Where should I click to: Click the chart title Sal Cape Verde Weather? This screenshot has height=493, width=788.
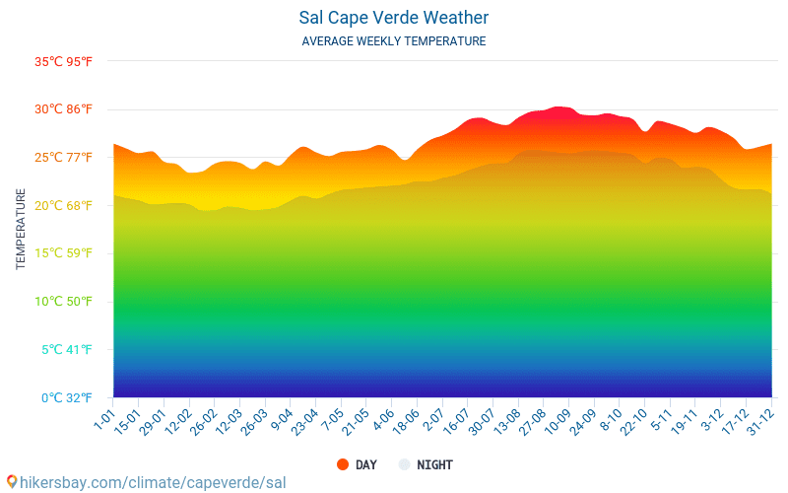tap(394, 18)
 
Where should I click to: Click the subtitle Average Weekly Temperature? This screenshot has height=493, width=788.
tap(394, 41)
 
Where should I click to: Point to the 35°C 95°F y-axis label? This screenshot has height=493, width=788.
tap(63, 61)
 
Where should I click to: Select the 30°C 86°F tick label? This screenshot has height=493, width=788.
tap(63, 109)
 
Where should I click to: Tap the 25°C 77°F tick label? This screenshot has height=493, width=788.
tap(63, 158)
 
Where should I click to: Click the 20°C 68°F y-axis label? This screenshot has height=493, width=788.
tap(63, 205)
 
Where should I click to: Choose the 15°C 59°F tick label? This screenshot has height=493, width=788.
tap(63, 253)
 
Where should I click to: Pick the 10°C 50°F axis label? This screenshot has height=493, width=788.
tap(63, 302)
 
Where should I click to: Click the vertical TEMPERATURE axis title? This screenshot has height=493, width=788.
tap(21, 229)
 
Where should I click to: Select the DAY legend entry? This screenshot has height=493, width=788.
tap(365, 464)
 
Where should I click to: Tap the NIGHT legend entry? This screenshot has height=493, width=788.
tap(434, 464)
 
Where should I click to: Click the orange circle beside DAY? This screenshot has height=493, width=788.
tap(343, 464)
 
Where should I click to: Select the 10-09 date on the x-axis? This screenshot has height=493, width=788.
tap(558, 421)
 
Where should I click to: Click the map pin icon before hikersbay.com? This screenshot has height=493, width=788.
tap(11, 482)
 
